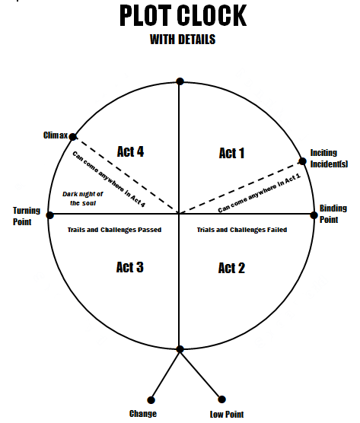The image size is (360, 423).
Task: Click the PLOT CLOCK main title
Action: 183,16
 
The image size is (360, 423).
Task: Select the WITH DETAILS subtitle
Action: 183,40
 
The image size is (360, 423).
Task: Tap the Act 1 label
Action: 231,153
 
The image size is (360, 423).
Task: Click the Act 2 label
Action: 231,268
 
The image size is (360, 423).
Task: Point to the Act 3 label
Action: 130,267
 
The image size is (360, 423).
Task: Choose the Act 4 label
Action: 130,151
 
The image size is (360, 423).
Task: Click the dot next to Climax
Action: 73,137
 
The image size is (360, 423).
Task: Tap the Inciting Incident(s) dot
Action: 302,161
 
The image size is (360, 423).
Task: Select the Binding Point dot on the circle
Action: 314,215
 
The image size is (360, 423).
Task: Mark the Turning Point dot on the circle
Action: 50,215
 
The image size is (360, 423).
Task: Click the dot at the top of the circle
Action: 180,81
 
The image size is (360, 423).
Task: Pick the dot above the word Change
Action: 151,400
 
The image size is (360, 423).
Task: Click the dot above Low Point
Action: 221,399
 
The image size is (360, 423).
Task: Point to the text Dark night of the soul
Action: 83,199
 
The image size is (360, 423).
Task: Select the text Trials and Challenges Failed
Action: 242,230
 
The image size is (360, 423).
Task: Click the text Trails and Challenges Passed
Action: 114,230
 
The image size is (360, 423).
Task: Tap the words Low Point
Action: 227,414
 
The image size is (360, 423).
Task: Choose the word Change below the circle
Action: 143,414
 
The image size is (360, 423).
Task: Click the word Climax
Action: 56,135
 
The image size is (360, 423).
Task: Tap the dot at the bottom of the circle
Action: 180,349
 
